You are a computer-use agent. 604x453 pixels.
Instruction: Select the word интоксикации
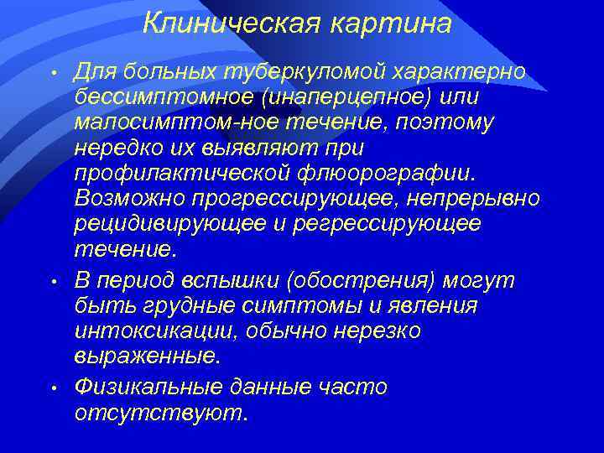(156, 331)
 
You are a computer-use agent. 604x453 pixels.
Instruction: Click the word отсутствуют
(161, 413)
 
